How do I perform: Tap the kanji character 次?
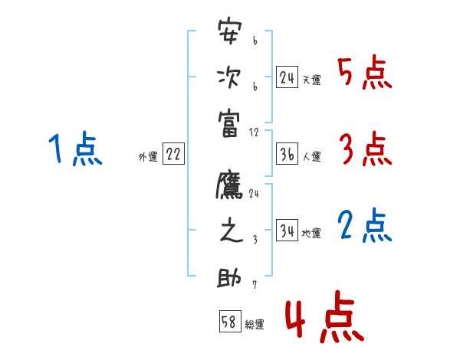pos(229,77)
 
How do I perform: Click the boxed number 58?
pos(229,322)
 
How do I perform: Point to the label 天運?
pos(311,80)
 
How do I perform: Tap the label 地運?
pos(311,233)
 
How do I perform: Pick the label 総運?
pos(255,324)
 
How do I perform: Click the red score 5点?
pos(365,74)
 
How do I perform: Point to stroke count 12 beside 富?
pos(254,132)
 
